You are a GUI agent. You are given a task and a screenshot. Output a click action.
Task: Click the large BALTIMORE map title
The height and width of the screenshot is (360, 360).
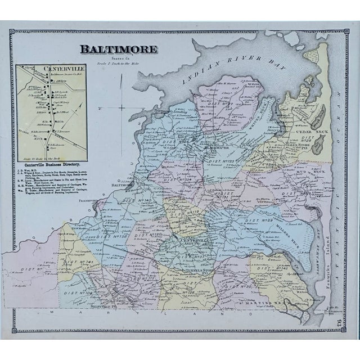(119, 48)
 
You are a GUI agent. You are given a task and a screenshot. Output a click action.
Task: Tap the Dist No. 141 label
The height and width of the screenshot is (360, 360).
(77, 262)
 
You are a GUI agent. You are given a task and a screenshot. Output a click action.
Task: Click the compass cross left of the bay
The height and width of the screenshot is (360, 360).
(123, 107)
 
